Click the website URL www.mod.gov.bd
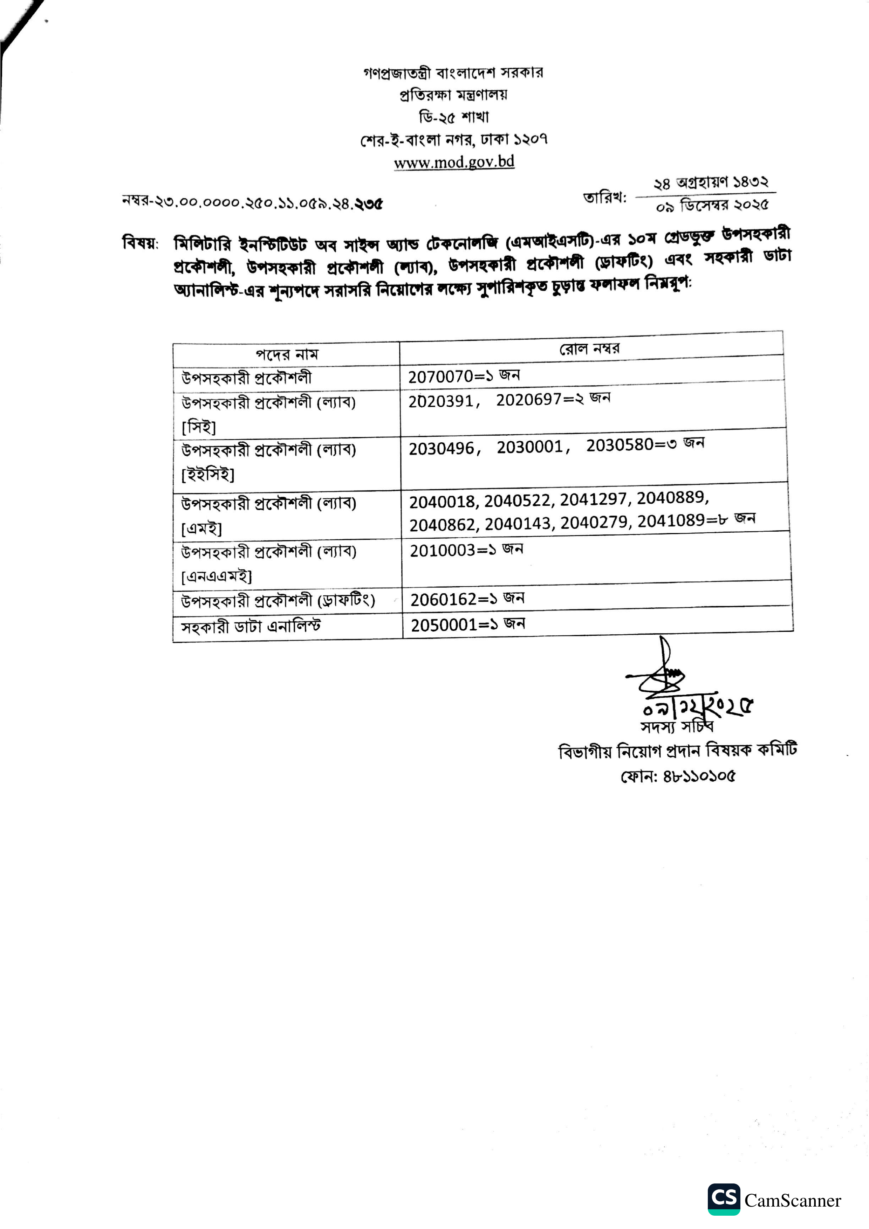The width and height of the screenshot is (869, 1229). pos(454,162)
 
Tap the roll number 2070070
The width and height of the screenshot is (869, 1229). pos(441,377)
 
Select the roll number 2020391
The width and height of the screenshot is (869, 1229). pos(441,401)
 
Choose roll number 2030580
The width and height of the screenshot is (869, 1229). pos(620,445)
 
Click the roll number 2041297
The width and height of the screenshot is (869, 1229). pos(593,499)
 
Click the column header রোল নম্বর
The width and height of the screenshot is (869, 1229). pos(589,349)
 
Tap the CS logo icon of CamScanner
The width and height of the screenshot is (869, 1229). pos(723,1199)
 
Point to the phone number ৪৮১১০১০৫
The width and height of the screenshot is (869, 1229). pos(699,776)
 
